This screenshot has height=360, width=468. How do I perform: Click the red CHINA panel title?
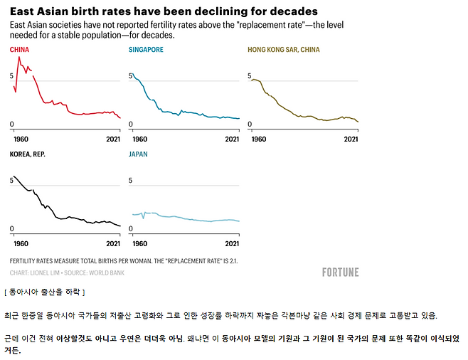(19, 50)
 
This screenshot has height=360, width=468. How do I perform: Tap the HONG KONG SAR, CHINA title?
(283, 50)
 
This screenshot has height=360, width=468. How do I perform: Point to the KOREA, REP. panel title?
(28, 154)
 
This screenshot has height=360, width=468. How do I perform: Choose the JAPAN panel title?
(139, 154)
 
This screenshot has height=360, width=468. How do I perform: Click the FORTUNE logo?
(340, 272)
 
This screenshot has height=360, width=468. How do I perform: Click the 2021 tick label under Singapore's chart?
(232, 139)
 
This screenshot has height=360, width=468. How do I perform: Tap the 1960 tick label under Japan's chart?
(139, 243)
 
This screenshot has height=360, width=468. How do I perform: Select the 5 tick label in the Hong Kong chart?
(250, 76)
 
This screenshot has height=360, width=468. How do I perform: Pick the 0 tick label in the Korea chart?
(11, 228)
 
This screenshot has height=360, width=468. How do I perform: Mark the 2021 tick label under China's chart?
(113, 139)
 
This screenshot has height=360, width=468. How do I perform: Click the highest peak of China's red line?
(19, 57)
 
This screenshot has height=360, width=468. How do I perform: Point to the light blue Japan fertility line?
(185, 217)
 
